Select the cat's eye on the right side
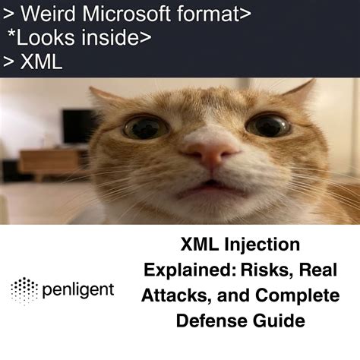click(x=267, y=124)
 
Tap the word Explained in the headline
click(x=186, y=270)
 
